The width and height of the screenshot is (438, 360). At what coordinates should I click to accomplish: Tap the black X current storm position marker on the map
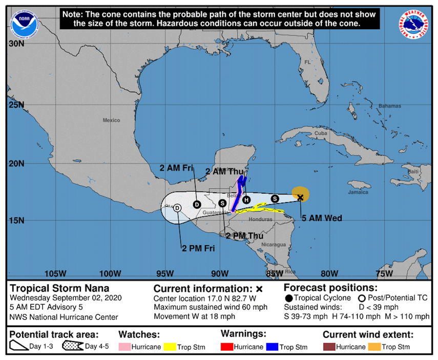coord(301,197)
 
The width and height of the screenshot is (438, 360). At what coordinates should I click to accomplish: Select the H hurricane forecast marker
coord(246,199)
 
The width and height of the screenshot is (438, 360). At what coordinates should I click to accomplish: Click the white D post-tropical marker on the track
coord(177,208)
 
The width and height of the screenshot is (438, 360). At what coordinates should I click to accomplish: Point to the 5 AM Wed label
coord(321,218)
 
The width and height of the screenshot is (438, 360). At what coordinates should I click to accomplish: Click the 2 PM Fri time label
coord(198,248)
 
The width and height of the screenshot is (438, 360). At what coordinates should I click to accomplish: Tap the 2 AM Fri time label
coord(176,168)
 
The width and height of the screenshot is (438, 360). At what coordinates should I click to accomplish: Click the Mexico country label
coord(111,120)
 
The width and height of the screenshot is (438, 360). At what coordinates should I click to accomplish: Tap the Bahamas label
coord(390,106)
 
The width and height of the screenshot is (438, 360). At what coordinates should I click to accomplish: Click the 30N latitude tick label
coord(17,44)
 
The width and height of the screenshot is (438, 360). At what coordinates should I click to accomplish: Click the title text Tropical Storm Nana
coord(59,288)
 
